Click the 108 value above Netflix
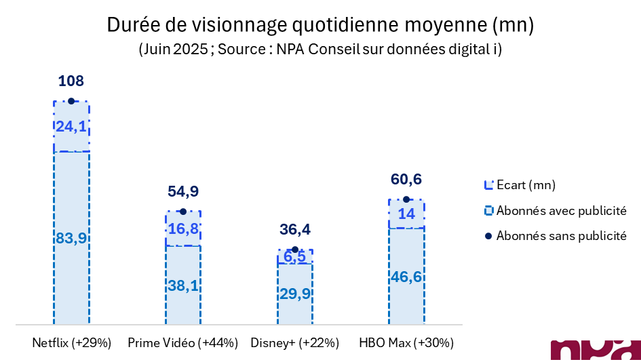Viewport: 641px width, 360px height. [71, 81]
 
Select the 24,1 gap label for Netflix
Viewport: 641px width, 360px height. [71, 127]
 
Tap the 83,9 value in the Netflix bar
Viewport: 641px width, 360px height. [71, 238]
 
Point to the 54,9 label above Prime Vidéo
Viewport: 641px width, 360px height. [182, 191]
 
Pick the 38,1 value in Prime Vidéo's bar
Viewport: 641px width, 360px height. [183, 285]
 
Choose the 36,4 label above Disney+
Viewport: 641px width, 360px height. [294, 231]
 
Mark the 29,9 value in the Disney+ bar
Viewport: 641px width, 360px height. [294, 293]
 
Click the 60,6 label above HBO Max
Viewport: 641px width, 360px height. [406, 180]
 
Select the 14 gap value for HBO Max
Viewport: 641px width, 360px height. [406, 214]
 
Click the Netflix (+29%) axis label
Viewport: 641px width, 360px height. [71, 342]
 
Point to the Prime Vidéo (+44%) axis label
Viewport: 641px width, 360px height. [182, 342]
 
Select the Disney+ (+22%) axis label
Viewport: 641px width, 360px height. [294, 342]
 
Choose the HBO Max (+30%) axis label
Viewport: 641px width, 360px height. [406, 342]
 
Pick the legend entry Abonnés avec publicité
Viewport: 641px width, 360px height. [560, 210]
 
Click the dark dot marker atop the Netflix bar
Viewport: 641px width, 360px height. [71, 101]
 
